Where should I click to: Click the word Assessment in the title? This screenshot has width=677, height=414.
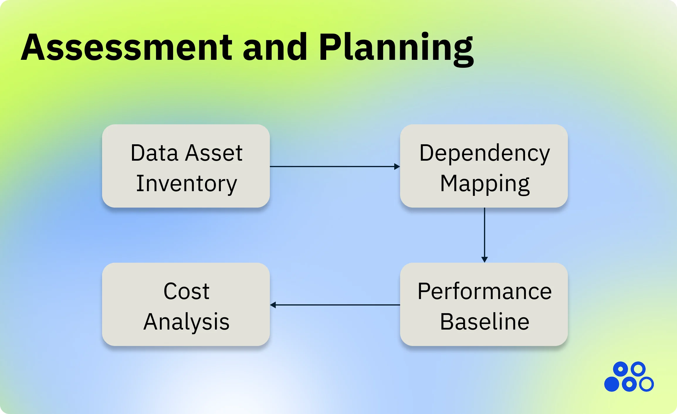127,47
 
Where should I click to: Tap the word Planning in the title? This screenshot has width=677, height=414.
396,47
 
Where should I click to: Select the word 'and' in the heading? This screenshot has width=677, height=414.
275,47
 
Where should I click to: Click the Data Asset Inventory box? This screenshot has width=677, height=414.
186,166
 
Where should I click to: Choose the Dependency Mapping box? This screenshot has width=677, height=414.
484,166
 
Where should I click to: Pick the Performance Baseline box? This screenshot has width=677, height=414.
484,304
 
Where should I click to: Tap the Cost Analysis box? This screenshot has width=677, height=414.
186,304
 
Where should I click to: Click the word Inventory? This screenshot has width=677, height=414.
187,184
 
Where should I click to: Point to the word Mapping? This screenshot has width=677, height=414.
485,184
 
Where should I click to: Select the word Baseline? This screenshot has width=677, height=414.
485,322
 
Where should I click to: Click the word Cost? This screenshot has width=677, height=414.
187,291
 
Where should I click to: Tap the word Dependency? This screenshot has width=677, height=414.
485,153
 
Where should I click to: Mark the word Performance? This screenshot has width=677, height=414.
485,291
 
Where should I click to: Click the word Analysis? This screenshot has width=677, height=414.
187,322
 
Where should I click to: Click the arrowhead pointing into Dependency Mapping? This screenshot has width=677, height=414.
397,167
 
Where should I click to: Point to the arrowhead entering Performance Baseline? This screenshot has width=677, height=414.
485,259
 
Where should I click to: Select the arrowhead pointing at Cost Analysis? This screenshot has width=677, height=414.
273,305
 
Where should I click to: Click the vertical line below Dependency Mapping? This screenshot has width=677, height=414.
485,232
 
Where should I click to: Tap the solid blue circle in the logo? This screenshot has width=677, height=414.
612,384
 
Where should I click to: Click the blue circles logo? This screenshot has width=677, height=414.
629,377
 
